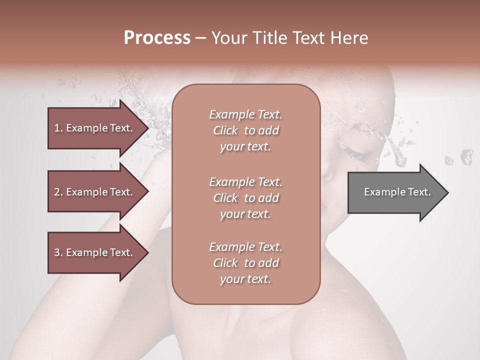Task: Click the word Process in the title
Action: pyautogui.click(x=157, y=38)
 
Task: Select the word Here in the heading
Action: pyautogui.click(x=349, y=38)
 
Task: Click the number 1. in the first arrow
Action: pyautogui.click(x=58, y=128)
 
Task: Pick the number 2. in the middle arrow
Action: pyautogui.click(x=58, y=192)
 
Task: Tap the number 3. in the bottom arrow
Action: pyautogui.click(x=58, y=252)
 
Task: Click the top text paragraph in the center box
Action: pyautogui.click(x=245, y=130)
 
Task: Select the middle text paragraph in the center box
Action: pyautogui.click(x=245, y=198)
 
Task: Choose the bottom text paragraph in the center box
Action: pyautogui.click(x=245, y=263)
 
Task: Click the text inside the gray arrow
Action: pyautogui.click(x=397, y=192)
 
